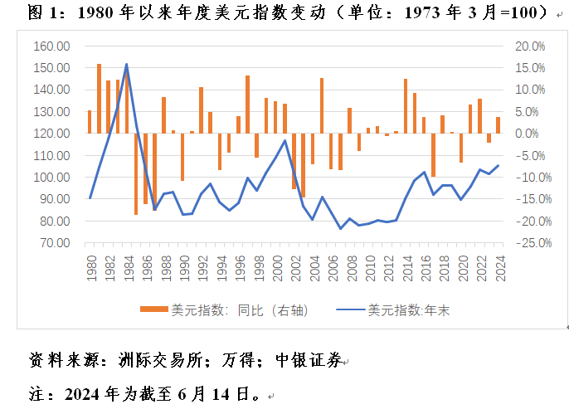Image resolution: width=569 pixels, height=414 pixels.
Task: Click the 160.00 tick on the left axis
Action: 51,46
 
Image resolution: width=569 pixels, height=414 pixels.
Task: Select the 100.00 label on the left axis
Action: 51,178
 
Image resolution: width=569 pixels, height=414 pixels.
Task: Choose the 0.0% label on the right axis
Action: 530,134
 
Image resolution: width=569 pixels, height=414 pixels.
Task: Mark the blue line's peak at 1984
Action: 127,64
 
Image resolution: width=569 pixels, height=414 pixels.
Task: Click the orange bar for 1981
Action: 100,98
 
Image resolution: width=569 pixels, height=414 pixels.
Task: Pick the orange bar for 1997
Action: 247,105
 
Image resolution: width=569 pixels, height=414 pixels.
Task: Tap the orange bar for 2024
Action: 498,125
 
